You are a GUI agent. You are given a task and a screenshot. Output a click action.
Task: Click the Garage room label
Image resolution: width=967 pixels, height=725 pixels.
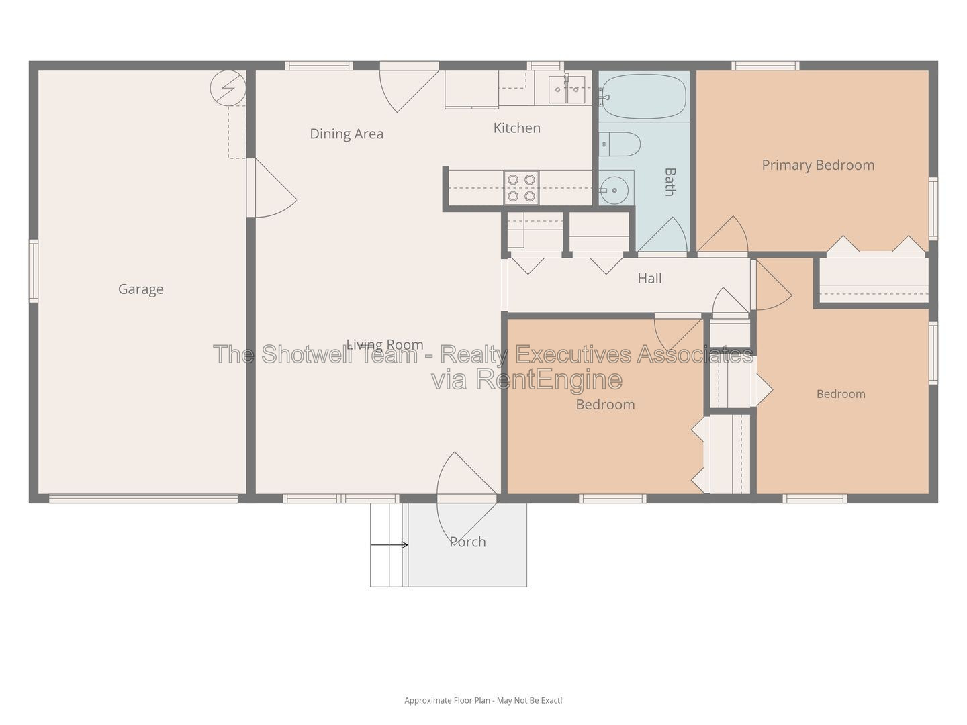click(x=140, y=289)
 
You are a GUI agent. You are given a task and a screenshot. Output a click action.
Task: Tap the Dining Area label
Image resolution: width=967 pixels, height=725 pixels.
click(x=347, y=134)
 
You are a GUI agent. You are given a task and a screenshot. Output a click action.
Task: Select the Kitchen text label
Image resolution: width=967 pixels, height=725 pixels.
click(x=516, y=128)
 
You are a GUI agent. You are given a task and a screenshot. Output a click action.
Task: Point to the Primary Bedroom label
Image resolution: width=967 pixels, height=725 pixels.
click(x=818, y=166)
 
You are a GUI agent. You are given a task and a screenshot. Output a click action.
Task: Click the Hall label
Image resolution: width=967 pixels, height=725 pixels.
click(x=649, y=278)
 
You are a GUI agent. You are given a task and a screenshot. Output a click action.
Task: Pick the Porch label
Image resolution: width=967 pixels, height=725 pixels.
click(x=467, y=542)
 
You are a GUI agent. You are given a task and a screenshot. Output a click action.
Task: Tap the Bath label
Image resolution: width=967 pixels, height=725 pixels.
click(x=670, y=182)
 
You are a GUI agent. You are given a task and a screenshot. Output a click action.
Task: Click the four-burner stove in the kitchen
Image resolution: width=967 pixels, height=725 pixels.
click(x=522, y=187)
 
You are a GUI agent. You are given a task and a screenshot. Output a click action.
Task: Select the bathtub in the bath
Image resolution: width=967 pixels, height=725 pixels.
click(x=644, y=97)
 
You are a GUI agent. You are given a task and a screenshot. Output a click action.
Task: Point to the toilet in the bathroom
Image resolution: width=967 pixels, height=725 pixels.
click(x=620, y=144)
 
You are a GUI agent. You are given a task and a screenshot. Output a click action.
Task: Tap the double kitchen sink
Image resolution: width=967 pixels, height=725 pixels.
click(x=567, y=89)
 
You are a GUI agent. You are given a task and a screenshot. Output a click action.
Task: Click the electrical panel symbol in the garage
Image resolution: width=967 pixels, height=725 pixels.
click(x=228, y=89)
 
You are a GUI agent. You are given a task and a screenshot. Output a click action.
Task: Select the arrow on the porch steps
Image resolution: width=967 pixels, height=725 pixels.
click(x=389, y=545)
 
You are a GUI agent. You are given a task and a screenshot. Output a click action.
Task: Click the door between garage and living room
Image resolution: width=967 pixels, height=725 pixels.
click(x=271, y=188)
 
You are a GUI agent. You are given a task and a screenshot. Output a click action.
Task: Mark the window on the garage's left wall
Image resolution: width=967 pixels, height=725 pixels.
click(x=34, y=271)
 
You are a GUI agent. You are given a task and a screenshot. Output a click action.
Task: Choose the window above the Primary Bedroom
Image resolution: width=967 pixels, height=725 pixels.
click(x=766, y=66)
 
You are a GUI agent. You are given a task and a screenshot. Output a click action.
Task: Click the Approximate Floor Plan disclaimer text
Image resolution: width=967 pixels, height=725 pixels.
click(x=483, y=700)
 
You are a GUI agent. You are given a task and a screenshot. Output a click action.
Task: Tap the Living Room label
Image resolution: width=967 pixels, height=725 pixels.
click(x=385, y=344)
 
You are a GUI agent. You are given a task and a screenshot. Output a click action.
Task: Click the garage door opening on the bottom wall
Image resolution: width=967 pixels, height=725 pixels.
click(x=143, y=498)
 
